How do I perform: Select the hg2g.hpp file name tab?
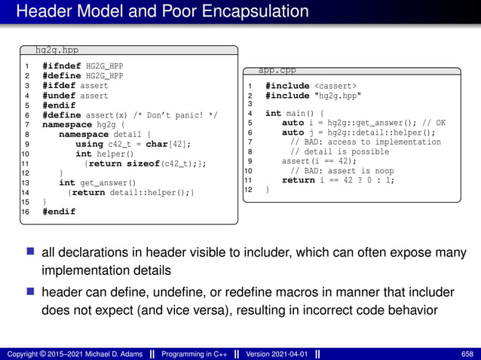pos(57,50)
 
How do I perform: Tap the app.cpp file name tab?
pos(277,70)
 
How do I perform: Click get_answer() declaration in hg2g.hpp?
pos(106,183)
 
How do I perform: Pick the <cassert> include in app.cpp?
pos(335,86)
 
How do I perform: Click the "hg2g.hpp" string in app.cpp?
pos(337,96)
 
